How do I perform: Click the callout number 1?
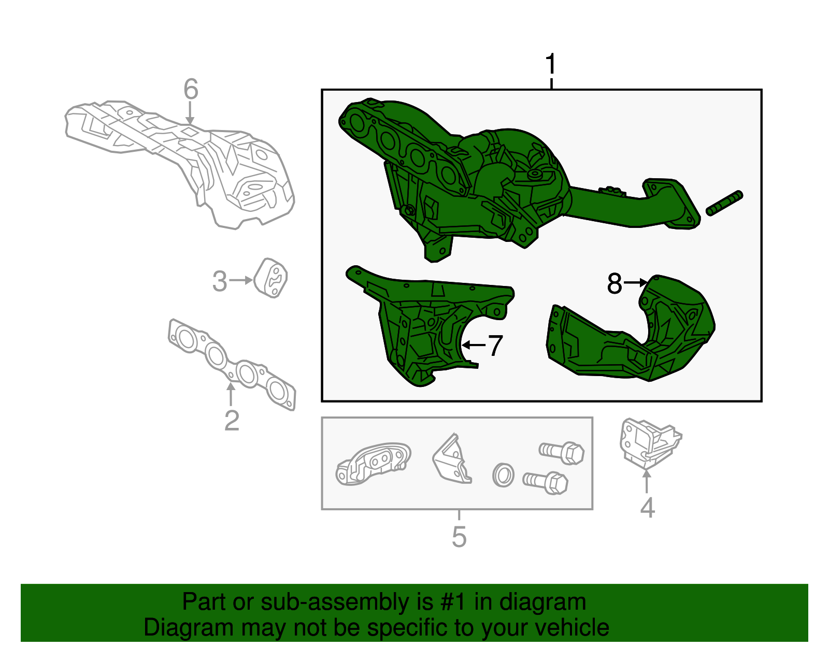tap(551, 64)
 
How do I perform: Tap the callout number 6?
tap(191, 89)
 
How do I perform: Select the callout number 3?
tap(220, 281)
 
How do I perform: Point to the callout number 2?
tap(232, 421)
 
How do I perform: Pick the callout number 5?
tap(459, 537)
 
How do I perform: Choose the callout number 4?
tap(648, 508)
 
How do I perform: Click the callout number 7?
tap(495, 346)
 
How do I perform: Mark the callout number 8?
tap(614, 283)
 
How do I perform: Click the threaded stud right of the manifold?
tap(724, 203)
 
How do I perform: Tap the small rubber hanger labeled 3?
tap(270, 278)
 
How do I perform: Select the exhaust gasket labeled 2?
tap(232, 364)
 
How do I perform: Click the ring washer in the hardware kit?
tap(503, 475)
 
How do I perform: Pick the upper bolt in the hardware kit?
tap(561, 453)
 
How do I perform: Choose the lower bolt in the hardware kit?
tap(545, 482)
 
